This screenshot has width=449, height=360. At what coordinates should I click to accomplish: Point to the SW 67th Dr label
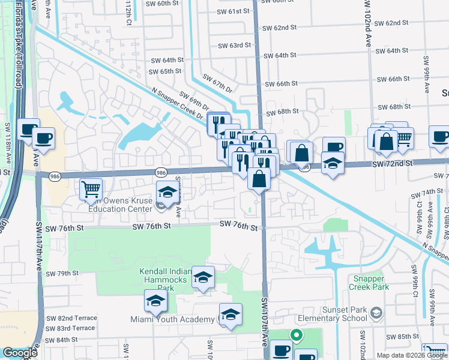point(217,83)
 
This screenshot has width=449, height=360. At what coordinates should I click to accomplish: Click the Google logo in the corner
point(20,353)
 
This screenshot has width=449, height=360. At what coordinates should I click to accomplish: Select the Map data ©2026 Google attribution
point(411,355)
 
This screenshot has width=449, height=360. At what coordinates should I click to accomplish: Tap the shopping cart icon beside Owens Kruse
point(91,189)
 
